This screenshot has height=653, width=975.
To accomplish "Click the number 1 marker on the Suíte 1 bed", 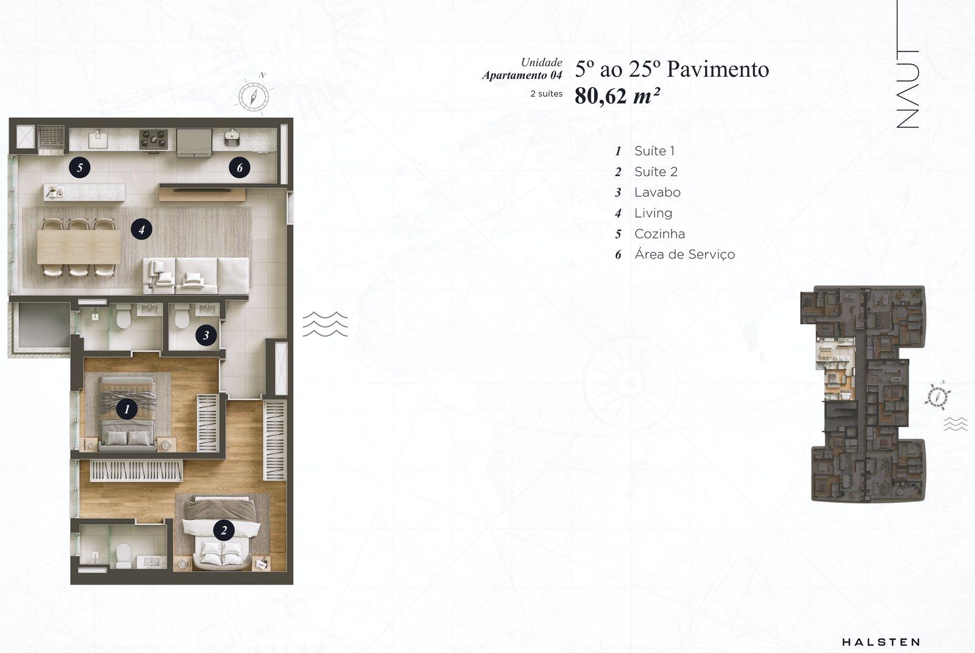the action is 127,409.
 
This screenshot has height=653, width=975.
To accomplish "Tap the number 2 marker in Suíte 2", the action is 224,530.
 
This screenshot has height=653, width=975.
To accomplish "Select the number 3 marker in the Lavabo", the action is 206,335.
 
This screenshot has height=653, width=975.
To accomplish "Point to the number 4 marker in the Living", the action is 141,229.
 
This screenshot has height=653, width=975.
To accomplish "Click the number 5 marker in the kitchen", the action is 80,167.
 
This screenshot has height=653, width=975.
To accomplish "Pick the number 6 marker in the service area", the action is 239,167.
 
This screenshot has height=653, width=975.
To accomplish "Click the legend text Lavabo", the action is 658,192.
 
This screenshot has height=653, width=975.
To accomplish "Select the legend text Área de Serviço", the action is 685,254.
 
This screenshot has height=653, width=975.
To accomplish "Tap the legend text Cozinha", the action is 659,234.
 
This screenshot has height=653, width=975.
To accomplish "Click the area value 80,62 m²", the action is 617,96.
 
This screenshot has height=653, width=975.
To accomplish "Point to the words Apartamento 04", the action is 522,76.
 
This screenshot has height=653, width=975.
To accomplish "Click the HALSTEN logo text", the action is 881,642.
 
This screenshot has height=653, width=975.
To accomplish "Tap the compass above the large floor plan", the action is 253,96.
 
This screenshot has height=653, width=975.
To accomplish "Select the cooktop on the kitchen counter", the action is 153,140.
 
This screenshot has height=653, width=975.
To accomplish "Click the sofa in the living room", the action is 196,276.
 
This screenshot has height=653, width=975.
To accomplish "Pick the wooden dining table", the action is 79,246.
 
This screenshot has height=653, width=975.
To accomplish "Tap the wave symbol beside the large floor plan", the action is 325,324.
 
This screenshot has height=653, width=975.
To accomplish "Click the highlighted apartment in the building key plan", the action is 834,369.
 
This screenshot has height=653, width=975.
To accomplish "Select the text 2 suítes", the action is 546,94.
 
